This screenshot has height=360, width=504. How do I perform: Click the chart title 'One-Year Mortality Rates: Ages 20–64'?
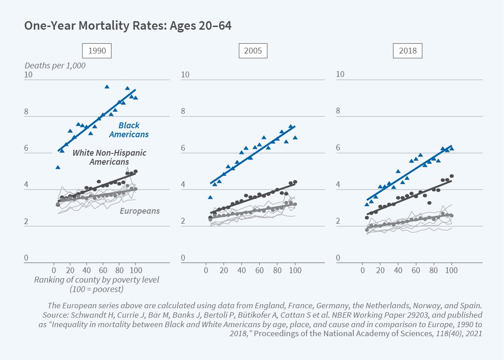[128, 26]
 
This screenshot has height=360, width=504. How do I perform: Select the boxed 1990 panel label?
[97, 50]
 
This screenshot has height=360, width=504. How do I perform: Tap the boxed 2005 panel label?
[253, 50]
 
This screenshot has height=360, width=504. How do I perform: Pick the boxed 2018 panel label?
[408, 50]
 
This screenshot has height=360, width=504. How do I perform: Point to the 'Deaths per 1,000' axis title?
[55, 66]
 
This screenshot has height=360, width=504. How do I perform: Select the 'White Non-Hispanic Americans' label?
[109, 157]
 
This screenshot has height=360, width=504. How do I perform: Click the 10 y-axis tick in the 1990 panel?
[28, 74]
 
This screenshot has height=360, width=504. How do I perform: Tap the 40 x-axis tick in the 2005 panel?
[242, 270]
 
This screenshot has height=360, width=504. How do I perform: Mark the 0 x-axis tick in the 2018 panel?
[363, 270]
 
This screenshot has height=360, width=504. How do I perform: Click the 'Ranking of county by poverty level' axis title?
[96, 280]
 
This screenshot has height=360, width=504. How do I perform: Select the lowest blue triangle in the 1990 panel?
[58, 167]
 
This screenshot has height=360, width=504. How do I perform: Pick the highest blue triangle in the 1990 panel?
[107, 86]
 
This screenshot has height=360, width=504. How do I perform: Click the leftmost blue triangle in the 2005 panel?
[210, 197]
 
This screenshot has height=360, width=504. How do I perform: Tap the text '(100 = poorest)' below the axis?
[96, 289]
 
